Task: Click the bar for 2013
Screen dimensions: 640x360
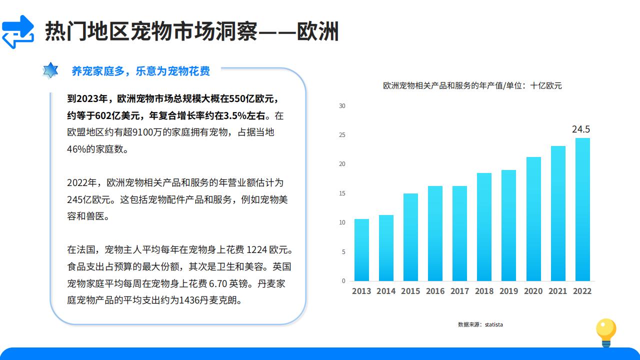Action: pos(361,250)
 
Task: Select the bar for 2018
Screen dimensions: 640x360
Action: pos(484,227)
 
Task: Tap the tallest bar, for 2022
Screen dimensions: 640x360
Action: pos(582,209)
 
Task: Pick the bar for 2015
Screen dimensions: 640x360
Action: pos(410,237)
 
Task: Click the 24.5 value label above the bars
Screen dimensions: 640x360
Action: pos(581,129)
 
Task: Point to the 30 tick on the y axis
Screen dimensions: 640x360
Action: pos(342,106)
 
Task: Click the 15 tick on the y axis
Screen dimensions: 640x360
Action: pos(342,193)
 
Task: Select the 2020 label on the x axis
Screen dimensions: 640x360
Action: pos(533,291)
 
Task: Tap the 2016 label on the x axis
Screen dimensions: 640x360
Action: pos(435,291)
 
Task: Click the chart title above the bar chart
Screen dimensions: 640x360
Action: pos(472,85)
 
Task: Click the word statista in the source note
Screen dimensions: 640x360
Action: pos(493,324)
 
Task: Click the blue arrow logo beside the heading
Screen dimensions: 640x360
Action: pos(18,31)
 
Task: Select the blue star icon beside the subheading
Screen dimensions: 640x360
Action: pos(50,70)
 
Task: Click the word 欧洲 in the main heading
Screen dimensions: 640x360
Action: pos(317,31)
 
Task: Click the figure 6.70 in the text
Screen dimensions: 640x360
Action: pos(218,283)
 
